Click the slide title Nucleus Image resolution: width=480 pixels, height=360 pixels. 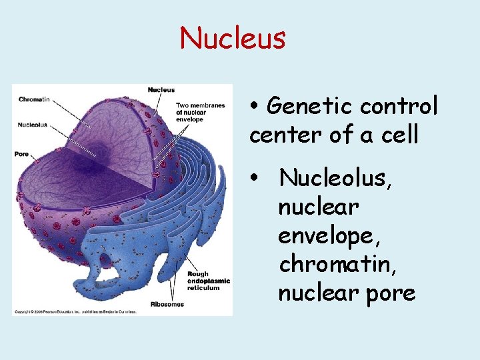click(232, 38)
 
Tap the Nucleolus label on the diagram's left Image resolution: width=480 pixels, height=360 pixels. click(33, 124)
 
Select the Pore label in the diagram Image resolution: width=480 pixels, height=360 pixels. click(21, 154)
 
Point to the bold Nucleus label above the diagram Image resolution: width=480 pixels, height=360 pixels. click(161, 90)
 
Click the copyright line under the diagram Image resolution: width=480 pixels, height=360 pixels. click(75, 311)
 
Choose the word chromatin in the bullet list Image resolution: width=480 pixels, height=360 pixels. click(330, 264)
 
